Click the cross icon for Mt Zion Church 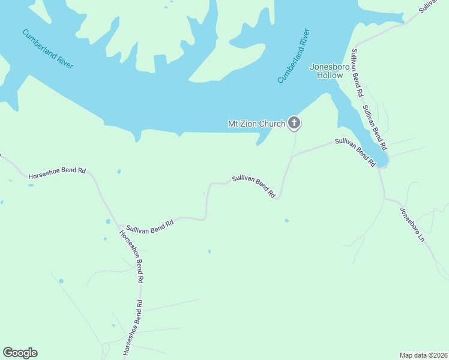tap(294, 124)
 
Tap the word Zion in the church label tap(252, 124)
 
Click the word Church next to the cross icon tap(274, 124)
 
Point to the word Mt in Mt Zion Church tap(234, 124)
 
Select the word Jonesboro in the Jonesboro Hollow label tap(327, 67)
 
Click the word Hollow tap(330, 75)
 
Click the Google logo tap(20, 353)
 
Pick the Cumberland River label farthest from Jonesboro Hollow tap(47, 49)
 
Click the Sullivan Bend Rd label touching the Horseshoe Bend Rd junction tap(149, 225)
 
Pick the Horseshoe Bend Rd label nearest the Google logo tap(134, 328)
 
